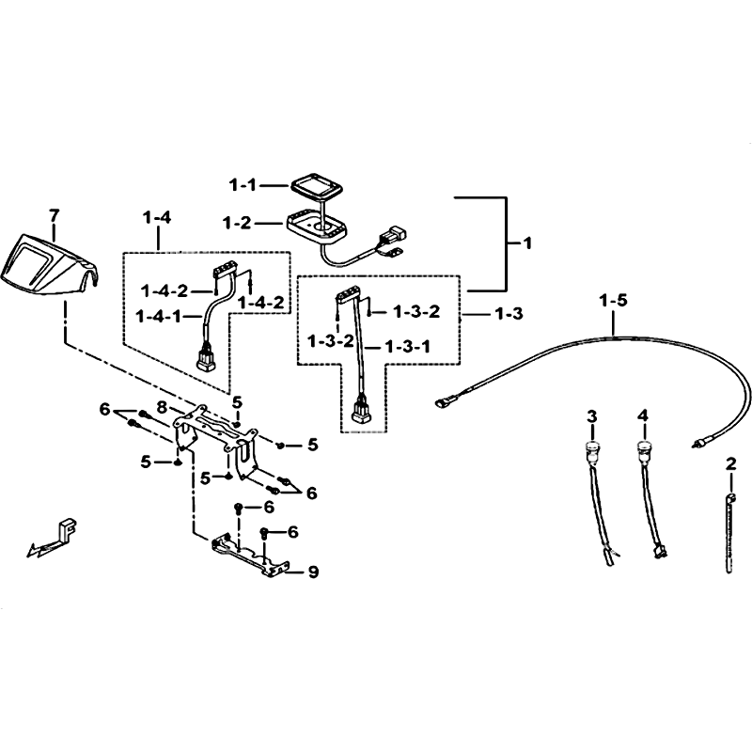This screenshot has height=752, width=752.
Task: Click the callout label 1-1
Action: click(243, 184)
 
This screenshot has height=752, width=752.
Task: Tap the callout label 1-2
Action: click(237, 223)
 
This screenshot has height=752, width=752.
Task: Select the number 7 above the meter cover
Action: click(55, 216)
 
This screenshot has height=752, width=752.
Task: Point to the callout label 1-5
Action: click(613, 301)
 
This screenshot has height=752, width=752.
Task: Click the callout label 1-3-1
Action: click(408, 346)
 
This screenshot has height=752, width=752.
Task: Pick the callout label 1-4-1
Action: click(158, 316)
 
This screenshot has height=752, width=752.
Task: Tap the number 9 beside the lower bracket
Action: click(313, 572)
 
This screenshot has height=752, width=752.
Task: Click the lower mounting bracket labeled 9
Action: click(249, 556)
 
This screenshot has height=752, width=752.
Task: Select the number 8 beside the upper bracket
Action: click(162, 408)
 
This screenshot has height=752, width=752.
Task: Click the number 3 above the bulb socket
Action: click(592, 416)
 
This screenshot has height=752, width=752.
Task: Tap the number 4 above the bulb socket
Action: click(643, 415)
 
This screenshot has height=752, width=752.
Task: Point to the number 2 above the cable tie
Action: click(731, 463)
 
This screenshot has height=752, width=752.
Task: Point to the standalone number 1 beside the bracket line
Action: click(527, 243)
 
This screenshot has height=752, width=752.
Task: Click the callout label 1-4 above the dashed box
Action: click(157, 218)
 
